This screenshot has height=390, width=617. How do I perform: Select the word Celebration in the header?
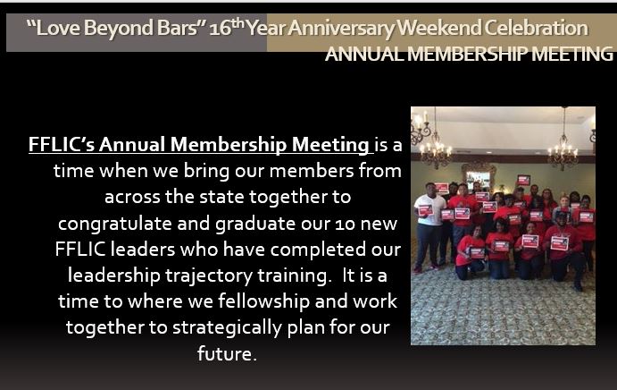click(x=536, y=28)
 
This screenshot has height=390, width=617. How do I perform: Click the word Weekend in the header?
click(x=439, y=28)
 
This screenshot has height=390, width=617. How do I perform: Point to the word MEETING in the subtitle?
click(x=572, y=54)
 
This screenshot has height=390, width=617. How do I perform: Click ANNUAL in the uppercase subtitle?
click(x=364, y=54)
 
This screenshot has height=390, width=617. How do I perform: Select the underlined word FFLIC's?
click(x=62, y=144)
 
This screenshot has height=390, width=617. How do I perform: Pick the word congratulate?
click(x=115, y=224)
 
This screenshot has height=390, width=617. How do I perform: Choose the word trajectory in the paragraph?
click(x=209, y=276)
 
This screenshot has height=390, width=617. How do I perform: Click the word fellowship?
click(x=263, y=301)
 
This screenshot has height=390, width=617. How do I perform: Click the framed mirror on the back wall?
click(x=478, y=177)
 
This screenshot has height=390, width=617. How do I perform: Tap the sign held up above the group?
click(x=524, y=180)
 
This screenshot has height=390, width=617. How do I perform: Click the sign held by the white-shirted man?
click(x=425, y=210)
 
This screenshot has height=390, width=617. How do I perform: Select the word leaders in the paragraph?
click(x=143, y=250)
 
